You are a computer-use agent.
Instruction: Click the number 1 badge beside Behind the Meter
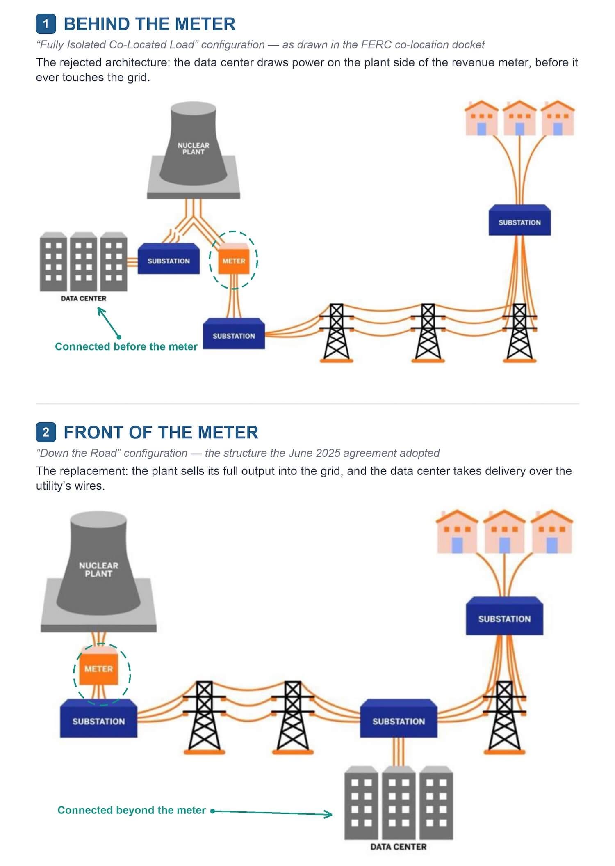point(46,24)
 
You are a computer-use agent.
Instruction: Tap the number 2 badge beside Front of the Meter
point(46,432)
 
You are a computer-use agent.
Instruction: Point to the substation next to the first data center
point(169,259)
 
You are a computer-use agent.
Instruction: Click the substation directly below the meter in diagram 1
point(234,334)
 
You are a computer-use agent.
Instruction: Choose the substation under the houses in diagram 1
point(519,220)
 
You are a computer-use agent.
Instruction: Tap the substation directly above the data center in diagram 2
point(399,718)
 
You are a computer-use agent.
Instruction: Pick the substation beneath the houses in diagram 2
point(504,616)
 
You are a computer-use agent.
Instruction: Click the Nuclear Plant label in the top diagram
point(194,149)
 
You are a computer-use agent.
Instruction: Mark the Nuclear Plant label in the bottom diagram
point(98,569)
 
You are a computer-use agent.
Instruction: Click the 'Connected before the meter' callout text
point(126,346)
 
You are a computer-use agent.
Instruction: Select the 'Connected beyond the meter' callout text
point(132,810)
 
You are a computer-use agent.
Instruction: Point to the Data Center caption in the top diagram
point(84,298)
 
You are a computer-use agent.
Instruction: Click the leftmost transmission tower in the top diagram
point(337,333)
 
